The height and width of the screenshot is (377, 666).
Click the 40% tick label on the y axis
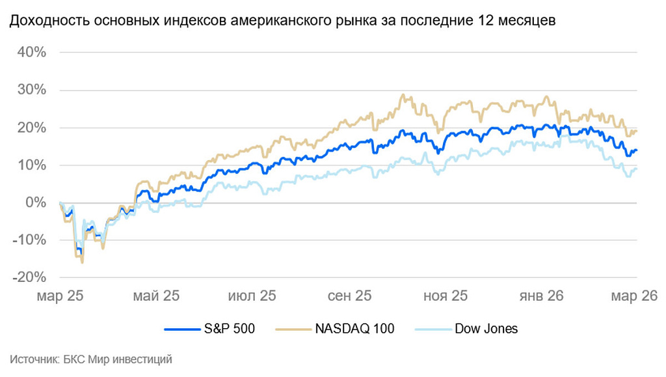(x=33, y=52)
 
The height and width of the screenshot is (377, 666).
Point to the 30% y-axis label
(x=33, y=90)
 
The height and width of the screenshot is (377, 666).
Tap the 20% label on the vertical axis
(x=33, y=128)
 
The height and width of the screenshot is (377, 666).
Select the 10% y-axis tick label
(x=33, y=165)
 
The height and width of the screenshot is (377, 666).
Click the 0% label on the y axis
(x=36, y=203)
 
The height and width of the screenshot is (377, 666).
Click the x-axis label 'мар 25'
(x=60, y=296)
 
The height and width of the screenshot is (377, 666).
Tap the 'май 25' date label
(x=155, y=296)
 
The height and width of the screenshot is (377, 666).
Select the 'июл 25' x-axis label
(x=252, y=296)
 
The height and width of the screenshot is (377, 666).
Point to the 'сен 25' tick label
(x=349, y=296)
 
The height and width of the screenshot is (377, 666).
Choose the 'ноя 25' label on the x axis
(x=446, y=296)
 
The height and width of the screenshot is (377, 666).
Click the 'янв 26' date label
(x=541, y=296)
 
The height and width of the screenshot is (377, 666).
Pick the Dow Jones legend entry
(x=468, y=328)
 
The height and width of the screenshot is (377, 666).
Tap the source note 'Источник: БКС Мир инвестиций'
(x=91, y=359)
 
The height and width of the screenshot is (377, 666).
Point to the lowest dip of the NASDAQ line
(x=82, y=262)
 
